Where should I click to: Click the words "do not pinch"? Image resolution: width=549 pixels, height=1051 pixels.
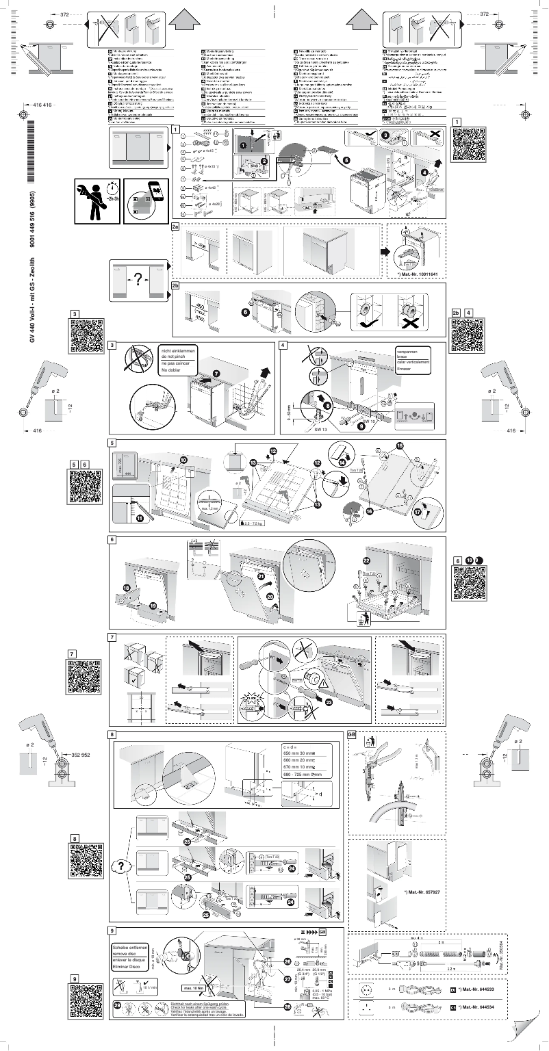[175, 357]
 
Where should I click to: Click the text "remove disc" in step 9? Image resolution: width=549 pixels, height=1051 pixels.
[127, 952]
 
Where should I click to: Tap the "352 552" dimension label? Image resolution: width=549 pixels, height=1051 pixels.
[81, 754]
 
